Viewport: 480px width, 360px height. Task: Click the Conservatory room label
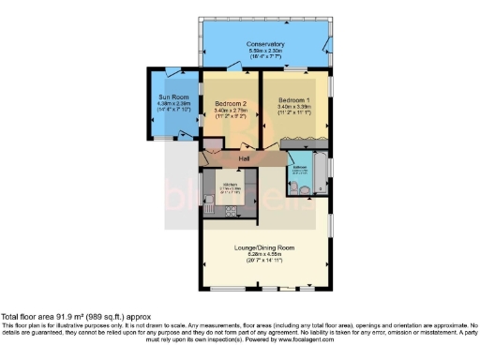[265, 44]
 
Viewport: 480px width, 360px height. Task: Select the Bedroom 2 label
[230, 103]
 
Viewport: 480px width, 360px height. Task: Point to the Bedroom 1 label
[293, 99]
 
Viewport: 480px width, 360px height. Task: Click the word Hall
[245, 159]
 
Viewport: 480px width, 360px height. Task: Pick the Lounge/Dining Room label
[265, 247]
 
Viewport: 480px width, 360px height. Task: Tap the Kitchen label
[231, 184]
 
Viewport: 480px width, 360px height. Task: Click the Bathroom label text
[301, 168]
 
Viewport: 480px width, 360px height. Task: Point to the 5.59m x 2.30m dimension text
[265, 52]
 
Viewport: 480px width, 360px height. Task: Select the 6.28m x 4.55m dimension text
[265, 255]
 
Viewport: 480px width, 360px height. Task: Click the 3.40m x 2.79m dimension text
[230, 111]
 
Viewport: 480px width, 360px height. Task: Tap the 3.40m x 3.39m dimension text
[293, 107]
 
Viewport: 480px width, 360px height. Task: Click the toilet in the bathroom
[294, 187]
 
